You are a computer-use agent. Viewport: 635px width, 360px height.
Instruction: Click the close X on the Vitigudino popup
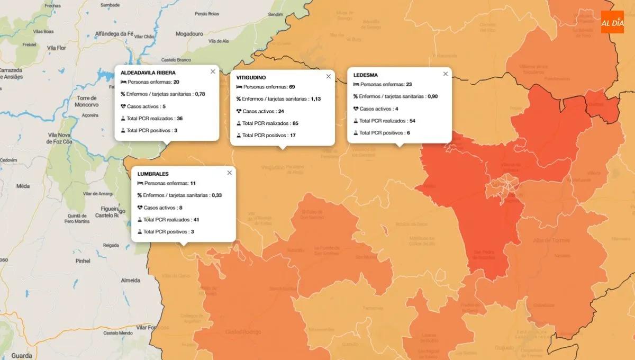click(x=329, y=76)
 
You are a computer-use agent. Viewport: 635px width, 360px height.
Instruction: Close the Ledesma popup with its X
click(x=446, y=74)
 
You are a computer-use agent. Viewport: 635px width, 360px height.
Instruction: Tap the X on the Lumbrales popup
click(x=230, y=173)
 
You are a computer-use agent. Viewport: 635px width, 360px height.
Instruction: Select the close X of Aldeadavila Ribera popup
click(x=213, y=71)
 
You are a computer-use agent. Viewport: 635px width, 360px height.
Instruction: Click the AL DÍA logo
click(x=612, y=22)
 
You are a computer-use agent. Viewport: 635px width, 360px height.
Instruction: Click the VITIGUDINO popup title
click(x=251, y=78)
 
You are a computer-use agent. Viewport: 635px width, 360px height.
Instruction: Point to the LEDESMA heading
click(x=366, y=75)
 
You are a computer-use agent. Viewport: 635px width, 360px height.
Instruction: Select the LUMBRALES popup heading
click(x=153, y=174)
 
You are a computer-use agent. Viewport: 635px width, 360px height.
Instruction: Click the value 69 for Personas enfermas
click(x=292, y=87)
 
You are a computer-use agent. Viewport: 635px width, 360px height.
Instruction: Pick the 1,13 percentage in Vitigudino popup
click(x=316, y=99)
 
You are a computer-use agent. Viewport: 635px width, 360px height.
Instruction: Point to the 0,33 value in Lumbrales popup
click(x=216, y=195)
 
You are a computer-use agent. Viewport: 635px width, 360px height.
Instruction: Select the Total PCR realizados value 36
click(x=179, y=118)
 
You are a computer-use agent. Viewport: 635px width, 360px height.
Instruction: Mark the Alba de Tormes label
click(x=551, y=240)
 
